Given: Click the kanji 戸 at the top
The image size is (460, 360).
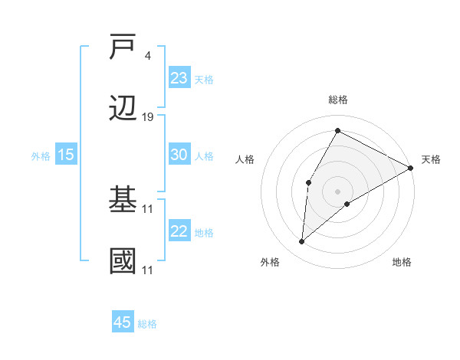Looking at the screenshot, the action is [x=123, y=47].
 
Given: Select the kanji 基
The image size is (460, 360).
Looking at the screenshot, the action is [x=123, y=200].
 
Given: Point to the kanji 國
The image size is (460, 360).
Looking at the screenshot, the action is [x=123, y=261].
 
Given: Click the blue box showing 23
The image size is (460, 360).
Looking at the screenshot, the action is [x=179, y=77].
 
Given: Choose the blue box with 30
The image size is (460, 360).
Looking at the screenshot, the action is [x=179, y=154].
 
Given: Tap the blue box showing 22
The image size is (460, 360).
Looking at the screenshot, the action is [x=179, y=231].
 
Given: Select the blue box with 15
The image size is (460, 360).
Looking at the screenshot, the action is [x=66, y=155].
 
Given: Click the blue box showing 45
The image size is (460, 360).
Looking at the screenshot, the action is [x=123, y=322].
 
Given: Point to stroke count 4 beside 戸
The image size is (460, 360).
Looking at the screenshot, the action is [x=148, y=55].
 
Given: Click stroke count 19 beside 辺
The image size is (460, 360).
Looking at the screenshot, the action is [x=148, y=116].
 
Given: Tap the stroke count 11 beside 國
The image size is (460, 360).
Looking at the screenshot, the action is [x=148, y=270].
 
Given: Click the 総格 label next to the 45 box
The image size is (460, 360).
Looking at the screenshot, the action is [x=147, y=324].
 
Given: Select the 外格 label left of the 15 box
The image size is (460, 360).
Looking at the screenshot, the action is [x=41, y=155].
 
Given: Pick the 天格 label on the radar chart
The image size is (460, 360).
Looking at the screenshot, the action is [x=431, y=159].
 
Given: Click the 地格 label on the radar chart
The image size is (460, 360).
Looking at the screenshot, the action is [x=402, y=262].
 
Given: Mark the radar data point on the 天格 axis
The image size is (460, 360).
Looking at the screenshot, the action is [x=411, y=168].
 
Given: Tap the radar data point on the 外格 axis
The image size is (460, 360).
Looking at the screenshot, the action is [x=301, y=242].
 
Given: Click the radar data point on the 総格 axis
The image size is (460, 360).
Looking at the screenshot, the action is [x=337, y=130].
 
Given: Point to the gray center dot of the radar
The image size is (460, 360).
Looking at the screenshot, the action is [x=337, y=191].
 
